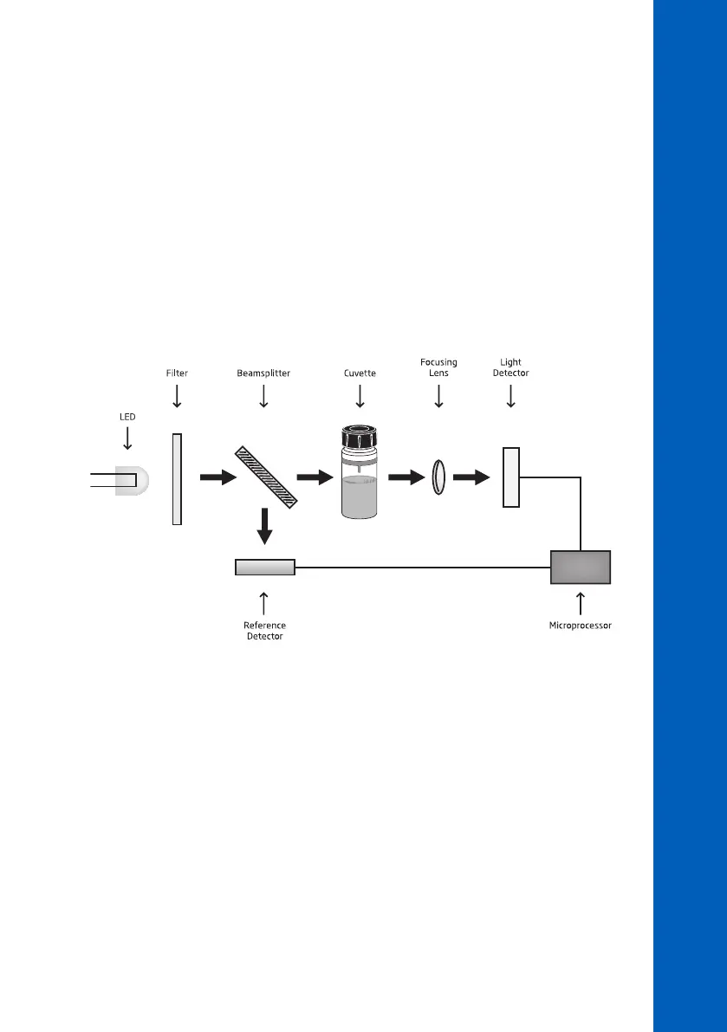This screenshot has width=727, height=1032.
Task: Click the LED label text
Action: click(x=127, y=416)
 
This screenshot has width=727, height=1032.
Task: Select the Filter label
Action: click(x=177, y=373)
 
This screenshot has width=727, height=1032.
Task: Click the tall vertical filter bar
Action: click(x=177, y=479)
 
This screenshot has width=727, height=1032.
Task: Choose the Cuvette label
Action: click(x=359, y=373)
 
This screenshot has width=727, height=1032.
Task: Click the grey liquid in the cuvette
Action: click(x=359, y=497)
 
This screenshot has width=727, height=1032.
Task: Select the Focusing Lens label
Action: click(x=438, y=367)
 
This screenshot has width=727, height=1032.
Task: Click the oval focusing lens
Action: click(x=438, y=477)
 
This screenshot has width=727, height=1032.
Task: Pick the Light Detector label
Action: click(x=510, y=367)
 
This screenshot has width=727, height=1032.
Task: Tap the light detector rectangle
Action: click(x=511, y=477)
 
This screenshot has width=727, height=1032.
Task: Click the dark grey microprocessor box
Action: click(x=581, y=568)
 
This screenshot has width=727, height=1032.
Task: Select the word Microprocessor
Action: click(x=581, y=625)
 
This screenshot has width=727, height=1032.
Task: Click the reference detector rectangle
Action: click(x=265, y=568)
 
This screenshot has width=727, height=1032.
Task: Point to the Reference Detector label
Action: click(x=265, y=630)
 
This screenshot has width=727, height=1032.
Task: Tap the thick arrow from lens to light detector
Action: click(x=473, y=477)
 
